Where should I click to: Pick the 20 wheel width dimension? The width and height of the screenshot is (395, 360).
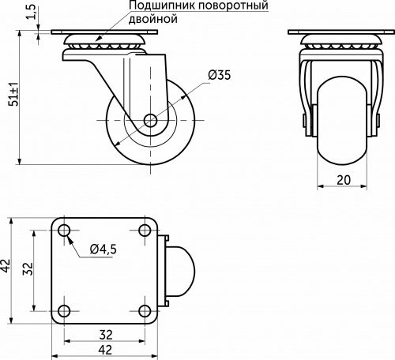(x=344, y=179)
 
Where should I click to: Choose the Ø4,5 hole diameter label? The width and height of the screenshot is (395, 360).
(x=103, y=249)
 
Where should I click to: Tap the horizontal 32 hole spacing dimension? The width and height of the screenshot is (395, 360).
(x=104, y=333)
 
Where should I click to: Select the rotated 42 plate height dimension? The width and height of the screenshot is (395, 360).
(x=7, y=269)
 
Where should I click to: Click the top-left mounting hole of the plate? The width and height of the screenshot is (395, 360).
(x=65, y=231)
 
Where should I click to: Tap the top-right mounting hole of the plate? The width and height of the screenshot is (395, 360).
(x=145, y=231)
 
